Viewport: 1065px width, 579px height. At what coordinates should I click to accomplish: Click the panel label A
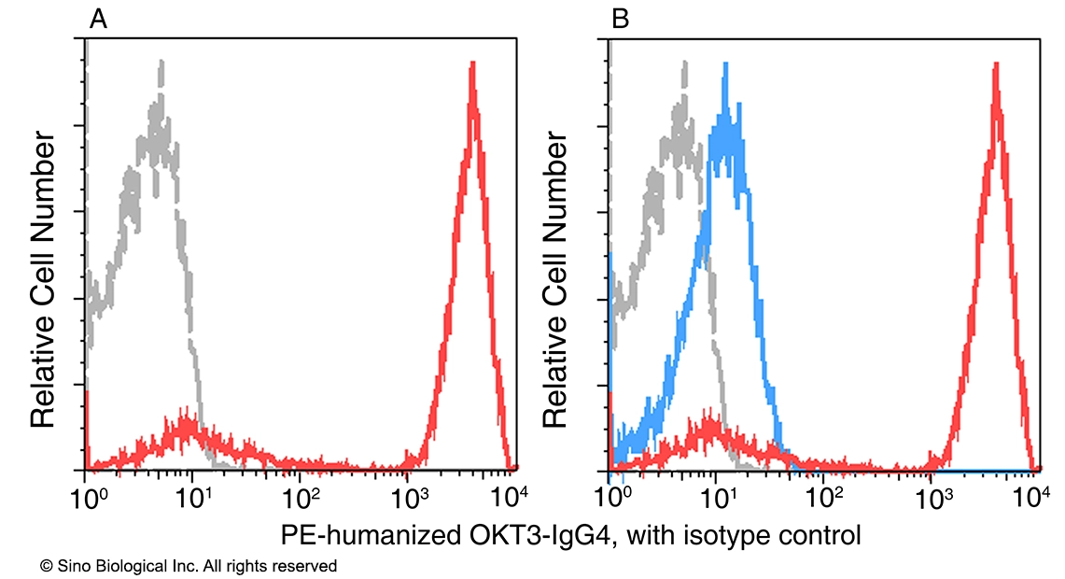tap(98, 19)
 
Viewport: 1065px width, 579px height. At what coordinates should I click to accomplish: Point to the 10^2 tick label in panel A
tap(301, 491)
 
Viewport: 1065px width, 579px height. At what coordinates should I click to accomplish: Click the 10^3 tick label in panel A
tap(408, 491)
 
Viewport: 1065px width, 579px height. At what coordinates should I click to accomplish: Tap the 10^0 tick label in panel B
tap(611, 491)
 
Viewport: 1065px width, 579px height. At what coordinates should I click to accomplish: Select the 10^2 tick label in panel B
tap(824, 491)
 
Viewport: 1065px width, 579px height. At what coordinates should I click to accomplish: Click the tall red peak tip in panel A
tap(473, 64)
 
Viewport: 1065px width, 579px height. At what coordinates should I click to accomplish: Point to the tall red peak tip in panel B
tap(997, 64)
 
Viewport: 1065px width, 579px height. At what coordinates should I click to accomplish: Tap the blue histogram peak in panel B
tap(724, 64)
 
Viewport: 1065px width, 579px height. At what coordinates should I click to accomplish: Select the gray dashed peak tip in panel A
tap(161, 62)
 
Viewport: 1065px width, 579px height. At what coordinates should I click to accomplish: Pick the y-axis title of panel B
tap(556, 280)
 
